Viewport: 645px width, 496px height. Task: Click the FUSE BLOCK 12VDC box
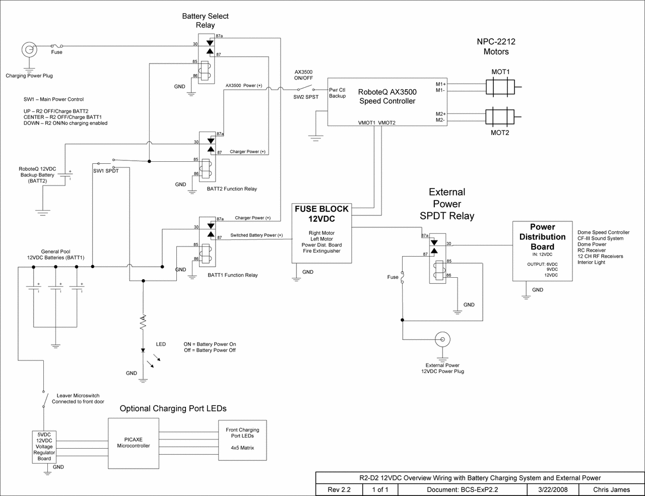pyautogui.click(x=321, y=233)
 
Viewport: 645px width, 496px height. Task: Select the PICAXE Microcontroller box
pyautogui.click(x=133, y=443)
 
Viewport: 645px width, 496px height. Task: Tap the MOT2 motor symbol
pyautogui.click(x=500, y=117)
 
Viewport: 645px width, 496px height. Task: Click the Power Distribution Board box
pyautogui.click(x=542, y=251)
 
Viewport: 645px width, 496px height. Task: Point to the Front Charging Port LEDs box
pyautogui.click(x=242, y=440)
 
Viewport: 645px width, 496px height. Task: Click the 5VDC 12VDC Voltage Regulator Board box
pyautogui.click(x=44, y=447)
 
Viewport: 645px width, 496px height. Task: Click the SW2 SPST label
pyautogui.click(x=306, y=97)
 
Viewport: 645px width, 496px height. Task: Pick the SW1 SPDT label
pyautogui.click(x=106, y=171)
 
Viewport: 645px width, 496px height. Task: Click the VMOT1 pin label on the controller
pyautogui.click(x=366, y=122)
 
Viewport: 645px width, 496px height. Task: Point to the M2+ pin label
pyautogui.click(x=440, y=114)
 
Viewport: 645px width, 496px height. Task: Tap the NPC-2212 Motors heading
pyautogui.click(x=496, y=47)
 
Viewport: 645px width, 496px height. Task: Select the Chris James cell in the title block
pyautogui.click(x=611, y=489)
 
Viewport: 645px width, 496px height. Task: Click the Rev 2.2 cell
pyautogui.click(x=339, y=489)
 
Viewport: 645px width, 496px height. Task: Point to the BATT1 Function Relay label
pyautogui.click(x=232, y=275)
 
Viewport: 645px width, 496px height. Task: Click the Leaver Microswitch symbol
pyautogui.click(x=44, y=399)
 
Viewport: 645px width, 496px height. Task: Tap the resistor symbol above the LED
pyautogui.click(x=143, y=322)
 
